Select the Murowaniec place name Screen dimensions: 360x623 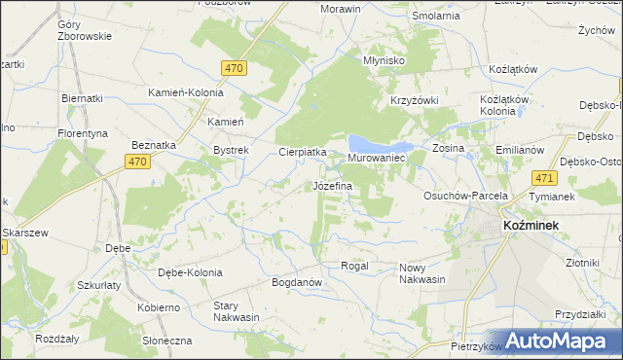coord(376,158)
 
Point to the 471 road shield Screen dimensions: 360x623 coord(544,178)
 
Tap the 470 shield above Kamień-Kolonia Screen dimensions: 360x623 coord(233,68)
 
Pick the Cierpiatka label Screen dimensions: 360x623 coord(302,152)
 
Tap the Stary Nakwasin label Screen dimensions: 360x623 coord(237,311)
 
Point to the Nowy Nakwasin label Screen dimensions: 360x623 coord(421,273)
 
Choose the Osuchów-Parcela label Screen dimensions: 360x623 coord(465,196)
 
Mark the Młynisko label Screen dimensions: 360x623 coord(383,59)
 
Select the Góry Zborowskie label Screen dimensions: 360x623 coord(85,29)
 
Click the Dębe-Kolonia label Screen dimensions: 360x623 coord(190,272)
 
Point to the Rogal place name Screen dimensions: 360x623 coord(352,266)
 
